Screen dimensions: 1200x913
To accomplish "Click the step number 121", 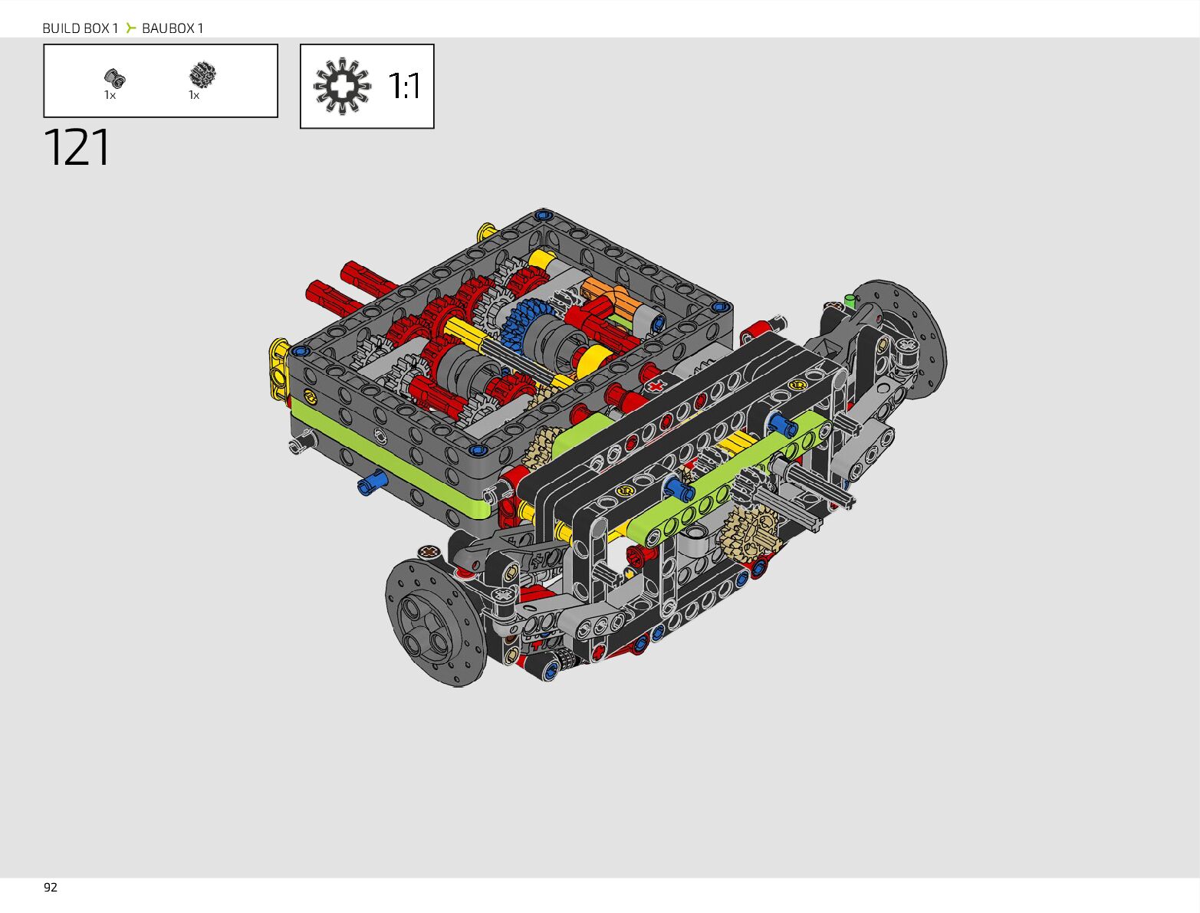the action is [77, 147].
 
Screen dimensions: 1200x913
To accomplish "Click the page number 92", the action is [51, 888].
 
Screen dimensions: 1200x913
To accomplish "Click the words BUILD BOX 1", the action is [81, 28].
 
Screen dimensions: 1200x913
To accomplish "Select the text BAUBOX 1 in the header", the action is [173, 28].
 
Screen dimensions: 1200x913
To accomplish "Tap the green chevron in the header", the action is [130, 28].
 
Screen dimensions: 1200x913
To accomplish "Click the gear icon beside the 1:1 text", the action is [342, 86].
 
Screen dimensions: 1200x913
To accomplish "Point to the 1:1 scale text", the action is [405, 87].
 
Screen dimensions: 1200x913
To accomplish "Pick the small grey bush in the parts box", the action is [115, 79].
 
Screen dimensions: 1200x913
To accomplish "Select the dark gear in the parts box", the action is [202, 75].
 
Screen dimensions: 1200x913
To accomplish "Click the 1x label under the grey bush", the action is [110, 95].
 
